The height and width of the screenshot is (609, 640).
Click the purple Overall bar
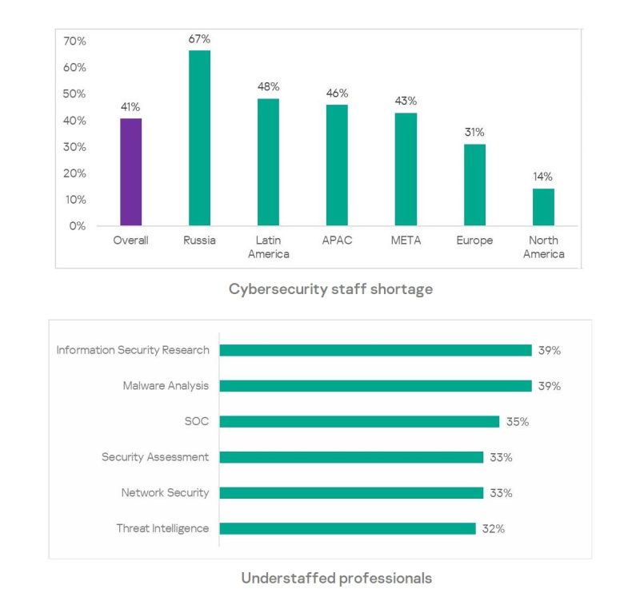130,172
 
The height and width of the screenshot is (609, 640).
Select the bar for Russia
199,137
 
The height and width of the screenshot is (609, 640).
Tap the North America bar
543,207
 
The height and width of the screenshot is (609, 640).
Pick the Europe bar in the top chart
474,185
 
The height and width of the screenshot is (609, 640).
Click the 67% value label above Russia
199,39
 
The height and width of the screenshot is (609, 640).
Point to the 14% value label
543,177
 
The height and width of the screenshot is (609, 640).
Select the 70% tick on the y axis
75,41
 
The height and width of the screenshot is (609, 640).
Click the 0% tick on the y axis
78,225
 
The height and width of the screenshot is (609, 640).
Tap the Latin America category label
268,247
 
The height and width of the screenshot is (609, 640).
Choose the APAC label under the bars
337,241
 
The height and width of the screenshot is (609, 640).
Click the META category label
406,241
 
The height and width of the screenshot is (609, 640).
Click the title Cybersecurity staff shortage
330,289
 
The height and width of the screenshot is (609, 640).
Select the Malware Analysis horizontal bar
375,386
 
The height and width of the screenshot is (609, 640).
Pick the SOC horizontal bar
359,421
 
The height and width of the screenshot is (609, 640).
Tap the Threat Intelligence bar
347,528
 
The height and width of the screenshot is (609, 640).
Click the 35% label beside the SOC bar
517,422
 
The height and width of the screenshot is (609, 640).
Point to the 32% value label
493,529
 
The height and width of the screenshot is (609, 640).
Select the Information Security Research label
133,350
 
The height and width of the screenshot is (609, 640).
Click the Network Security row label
165,493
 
